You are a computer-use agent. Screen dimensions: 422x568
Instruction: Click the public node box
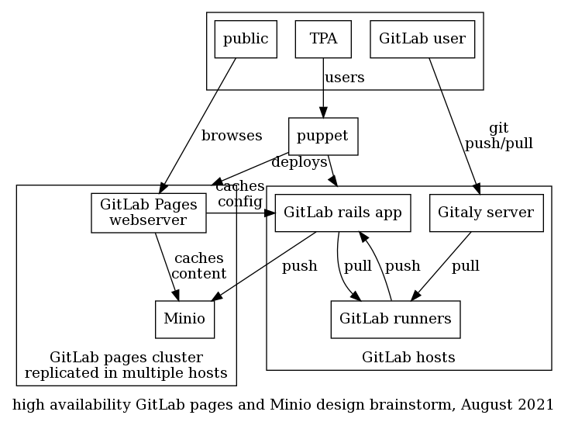(x=246, y=39)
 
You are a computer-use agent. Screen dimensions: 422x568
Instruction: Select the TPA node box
(x=323, y=39)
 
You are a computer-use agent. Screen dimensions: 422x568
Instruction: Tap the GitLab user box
(x=422, y=39)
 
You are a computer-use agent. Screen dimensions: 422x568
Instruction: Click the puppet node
(x=322, y=137)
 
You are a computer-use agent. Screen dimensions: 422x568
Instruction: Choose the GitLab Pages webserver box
(x=149, y=213)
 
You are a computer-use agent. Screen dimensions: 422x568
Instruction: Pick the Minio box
(x=184, y=319)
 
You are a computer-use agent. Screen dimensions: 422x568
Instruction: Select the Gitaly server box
(x=486, y=213)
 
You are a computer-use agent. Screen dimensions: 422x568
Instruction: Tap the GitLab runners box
(x=395, y=319)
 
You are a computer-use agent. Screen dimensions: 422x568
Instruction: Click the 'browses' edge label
(x=232, y=136)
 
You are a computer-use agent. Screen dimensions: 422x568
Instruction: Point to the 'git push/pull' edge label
(x=498, y=136)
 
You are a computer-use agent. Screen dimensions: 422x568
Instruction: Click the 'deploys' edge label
(x=299, y=162)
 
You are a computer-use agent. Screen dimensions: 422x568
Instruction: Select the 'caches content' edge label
(x=198, y=265)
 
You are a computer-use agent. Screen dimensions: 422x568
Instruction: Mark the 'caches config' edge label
(x=239, y=194)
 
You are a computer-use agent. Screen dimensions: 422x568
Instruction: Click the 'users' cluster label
(x=344, y=78)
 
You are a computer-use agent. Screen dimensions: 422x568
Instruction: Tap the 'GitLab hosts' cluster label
(x=408, y=358)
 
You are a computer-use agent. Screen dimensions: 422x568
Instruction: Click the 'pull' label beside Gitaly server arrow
(x=465, y=266)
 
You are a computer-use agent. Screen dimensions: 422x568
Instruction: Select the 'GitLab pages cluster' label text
(x=126, y=358)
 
